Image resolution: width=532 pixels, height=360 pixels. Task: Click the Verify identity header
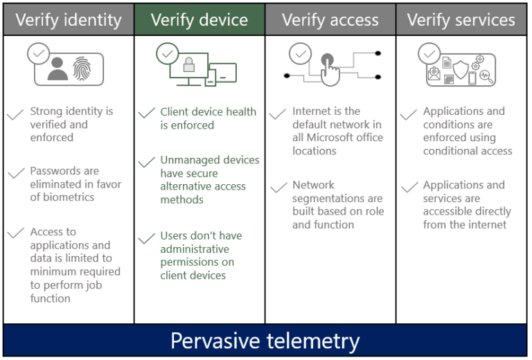coord(68,19)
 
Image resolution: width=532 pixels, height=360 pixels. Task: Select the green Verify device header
coord(199,19)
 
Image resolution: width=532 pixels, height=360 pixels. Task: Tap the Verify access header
coord(330,19)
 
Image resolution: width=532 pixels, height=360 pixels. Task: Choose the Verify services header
coord(461,19)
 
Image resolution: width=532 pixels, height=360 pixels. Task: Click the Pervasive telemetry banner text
coord(265,341)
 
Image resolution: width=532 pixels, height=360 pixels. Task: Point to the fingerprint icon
coord(82,69)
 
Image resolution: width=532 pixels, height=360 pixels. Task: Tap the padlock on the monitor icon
coord(188,66)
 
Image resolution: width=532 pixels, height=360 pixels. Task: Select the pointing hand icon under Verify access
coord(329,70)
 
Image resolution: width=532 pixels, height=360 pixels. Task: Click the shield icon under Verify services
coord(461,67)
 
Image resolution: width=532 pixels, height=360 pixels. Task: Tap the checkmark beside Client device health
coord(146,114)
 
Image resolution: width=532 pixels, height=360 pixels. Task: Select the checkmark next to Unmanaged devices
coord(146,163)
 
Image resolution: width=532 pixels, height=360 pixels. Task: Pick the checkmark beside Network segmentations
coord(278,188)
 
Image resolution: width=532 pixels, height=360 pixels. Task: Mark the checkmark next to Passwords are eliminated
coord(15,173)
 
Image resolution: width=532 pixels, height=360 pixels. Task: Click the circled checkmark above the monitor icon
coord(166,53)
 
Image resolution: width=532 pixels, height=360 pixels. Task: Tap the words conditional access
coord(468,151)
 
